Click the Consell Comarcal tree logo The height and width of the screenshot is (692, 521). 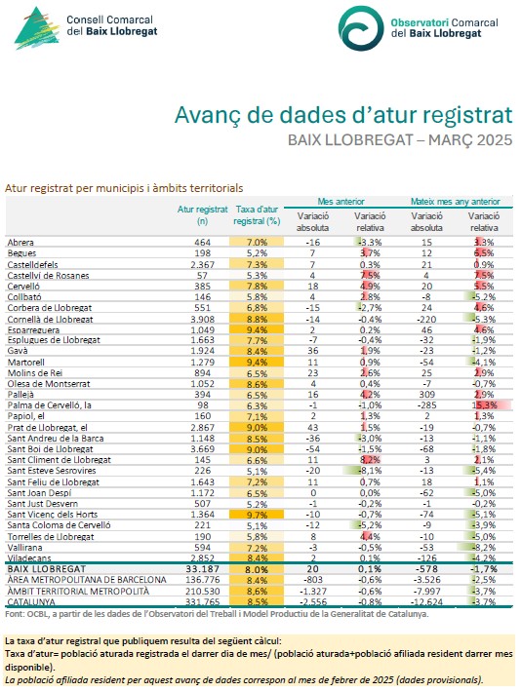tap(37, 27)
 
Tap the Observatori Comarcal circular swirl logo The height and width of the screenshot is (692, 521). tap(361, 28)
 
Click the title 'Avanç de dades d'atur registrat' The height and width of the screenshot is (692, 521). tap(343, 115)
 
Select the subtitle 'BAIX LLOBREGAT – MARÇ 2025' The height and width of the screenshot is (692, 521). tap(400, 140)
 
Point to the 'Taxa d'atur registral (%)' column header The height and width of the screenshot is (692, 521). tap(257, 215)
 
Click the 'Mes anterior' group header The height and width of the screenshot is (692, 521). tap(341, 202)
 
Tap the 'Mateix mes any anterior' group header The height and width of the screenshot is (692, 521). tap(456, 202)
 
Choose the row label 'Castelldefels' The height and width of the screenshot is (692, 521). tap(33, 265)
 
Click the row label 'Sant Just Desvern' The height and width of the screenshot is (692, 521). tap(42, 504)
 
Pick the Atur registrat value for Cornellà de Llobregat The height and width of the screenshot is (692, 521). tap(202, 319)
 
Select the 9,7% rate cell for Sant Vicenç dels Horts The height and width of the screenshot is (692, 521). tap(257, 515)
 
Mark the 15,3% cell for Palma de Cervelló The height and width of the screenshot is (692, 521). tap(486, 405)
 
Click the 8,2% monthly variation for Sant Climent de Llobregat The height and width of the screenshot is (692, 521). tap(370, 460)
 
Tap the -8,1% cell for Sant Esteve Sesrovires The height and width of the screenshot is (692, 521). tap(370, 471)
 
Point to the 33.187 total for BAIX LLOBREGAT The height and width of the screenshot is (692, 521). tap(202, 569)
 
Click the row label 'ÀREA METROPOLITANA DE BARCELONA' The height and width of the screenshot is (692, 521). tap(87, 580)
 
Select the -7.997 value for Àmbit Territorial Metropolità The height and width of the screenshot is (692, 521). tap(426, 591)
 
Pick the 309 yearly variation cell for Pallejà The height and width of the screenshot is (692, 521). tap(426, 395)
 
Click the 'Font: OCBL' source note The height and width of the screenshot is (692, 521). tap(217, 614)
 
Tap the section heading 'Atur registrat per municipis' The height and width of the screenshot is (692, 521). tap(124, 188)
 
